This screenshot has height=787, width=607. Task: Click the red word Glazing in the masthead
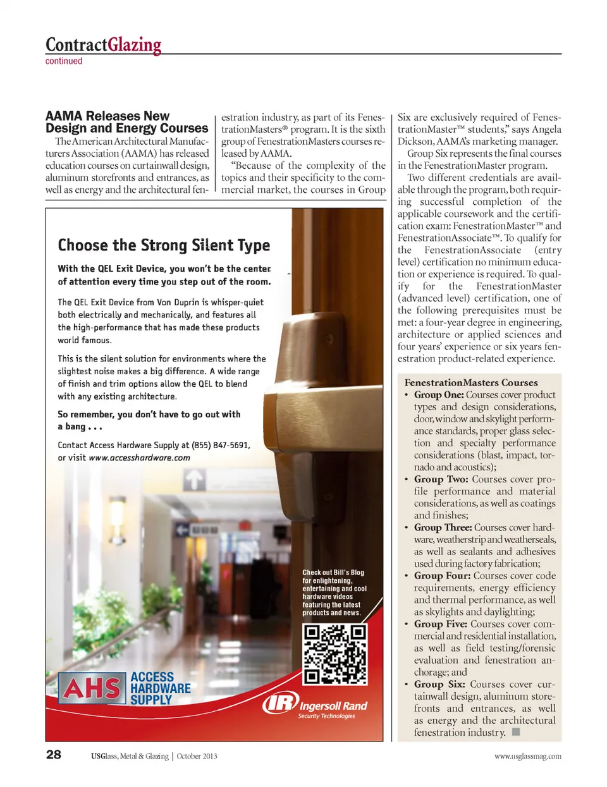pos(134,45)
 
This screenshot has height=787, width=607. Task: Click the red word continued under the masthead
pos(64,61)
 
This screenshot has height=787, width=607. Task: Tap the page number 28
pos(54,754)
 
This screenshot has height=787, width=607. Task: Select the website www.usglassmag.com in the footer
pos(527,756)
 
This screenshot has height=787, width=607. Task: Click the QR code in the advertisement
pos(334,654)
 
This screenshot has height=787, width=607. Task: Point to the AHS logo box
pos(92,688)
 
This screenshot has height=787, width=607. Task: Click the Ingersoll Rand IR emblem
pos(279,704)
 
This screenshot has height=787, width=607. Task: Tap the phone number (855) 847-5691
pos(221,445)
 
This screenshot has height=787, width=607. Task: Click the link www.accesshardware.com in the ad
pos(139,458)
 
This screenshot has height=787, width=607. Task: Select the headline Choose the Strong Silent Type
pos(164,245)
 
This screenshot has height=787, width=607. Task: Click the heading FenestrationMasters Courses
pos(471,382)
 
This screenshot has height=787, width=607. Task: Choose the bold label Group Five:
pos(440,624)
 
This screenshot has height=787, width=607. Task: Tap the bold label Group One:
pos(439,394)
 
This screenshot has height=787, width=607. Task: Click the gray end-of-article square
pos(516,732)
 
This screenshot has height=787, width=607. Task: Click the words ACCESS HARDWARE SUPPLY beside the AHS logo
pos(160,688)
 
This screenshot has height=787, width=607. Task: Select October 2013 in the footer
pos(197,756)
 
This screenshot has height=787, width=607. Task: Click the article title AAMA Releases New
pos(107,116)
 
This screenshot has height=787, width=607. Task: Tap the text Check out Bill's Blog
pos(333,573)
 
